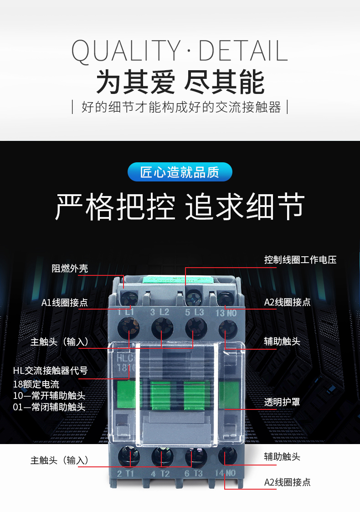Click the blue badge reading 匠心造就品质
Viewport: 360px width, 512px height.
[180, 172]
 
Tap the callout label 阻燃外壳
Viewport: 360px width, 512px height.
[70, 269]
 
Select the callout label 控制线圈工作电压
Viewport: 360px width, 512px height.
[300, 259]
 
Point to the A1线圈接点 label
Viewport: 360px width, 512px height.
[65, 303]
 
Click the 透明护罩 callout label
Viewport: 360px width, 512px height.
[282, 402]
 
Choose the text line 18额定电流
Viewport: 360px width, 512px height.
[36, 384]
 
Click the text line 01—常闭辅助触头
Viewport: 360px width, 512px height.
[49, 407]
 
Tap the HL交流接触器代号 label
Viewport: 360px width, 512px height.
[51, 371]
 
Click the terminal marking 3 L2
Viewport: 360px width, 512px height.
[159, 312]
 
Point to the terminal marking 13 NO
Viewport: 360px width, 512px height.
[226, 313]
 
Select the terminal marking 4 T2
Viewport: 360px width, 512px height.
[160, 474]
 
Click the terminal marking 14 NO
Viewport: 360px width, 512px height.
[225, 473]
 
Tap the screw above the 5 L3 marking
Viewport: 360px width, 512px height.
[196, 328]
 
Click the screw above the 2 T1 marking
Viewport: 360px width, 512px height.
[129, 456]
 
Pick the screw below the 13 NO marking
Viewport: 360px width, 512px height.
[227, 328]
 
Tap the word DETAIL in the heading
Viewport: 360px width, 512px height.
[243, 51]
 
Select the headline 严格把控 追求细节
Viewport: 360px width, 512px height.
[180, 207]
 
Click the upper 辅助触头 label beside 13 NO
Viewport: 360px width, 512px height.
[282, 341]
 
